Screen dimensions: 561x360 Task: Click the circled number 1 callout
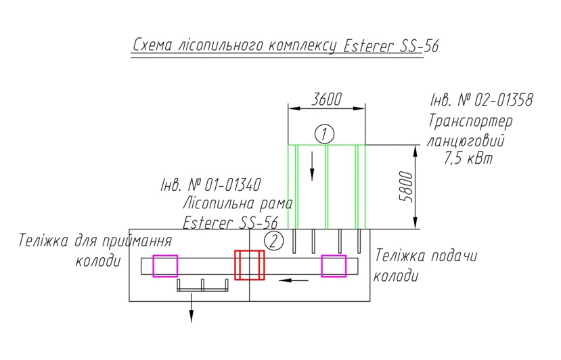[x=325, y=134]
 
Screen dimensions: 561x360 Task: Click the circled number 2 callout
[x=273, y=241]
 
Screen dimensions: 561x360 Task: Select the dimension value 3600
[x=326, y=99]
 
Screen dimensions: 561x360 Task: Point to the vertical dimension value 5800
[x=406, y=187]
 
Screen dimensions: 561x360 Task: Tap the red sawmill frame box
[x=250, y=265]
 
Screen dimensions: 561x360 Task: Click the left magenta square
[x=165, y=266]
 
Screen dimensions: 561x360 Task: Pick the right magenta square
[x=334, y=266]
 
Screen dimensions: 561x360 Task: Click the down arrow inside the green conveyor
[x=313, y=166]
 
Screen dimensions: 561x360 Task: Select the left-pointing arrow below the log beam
[x=294, y=280]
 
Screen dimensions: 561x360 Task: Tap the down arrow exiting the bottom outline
[x=192, y=308]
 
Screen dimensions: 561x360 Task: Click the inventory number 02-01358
[x=503, y=100]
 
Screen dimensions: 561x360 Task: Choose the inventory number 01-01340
[x=233, y=185]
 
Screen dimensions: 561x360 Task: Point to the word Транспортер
[x=470, y=121]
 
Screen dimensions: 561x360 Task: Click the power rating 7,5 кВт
[x=468, y=158]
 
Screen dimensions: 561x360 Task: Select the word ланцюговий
[x=466, y=141]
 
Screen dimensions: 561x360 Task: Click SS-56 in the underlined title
[x=418, y=46]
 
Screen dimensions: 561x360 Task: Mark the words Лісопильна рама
[x=238, y=204]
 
